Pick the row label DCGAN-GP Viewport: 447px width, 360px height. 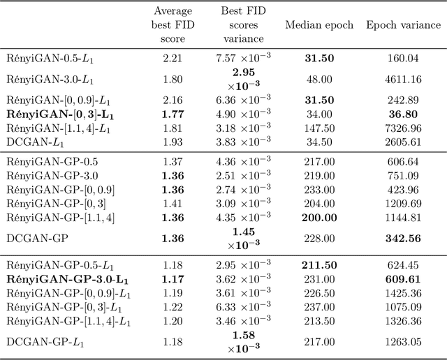tap(34, 238)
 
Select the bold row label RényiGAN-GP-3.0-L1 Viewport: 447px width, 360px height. tap(67, 279)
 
